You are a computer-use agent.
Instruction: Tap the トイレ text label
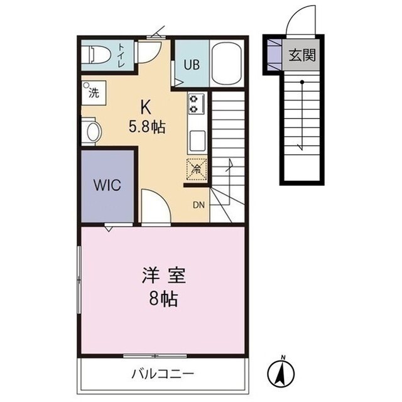(122, 55)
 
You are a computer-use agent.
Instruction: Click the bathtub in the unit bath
(227, 63)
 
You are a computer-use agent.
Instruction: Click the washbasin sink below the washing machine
(92, 131)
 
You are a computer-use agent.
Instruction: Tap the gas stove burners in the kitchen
(195, 104)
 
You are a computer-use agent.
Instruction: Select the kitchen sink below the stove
(197, 140)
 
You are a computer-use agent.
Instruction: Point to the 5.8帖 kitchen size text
(148, 128)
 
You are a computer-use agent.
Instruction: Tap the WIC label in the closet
(107, 186)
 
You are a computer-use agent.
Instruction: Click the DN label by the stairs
(198, 205)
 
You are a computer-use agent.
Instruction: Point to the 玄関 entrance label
(302, 55)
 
